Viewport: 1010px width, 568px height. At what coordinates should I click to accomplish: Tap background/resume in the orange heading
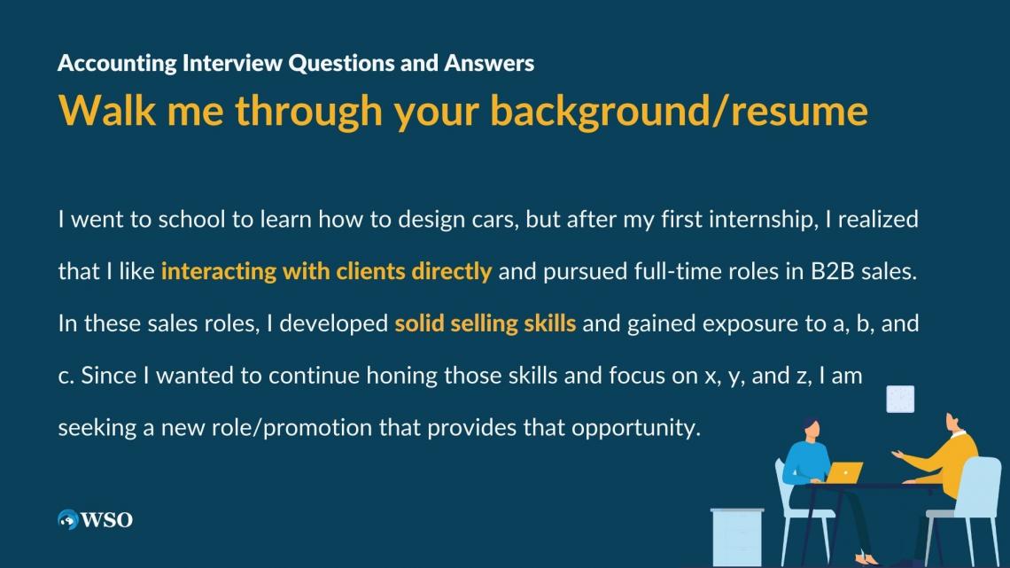679,110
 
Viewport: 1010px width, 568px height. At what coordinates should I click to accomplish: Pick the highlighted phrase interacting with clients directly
326,271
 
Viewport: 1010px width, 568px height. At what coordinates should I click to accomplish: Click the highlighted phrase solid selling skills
485,323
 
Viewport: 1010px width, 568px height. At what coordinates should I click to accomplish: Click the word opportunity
635,428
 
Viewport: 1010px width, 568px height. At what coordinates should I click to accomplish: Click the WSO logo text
106,520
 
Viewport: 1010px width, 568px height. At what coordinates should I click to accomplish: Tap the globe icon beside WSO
68,520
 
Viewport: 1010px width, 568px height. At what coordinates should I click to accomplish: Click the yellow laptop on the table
846,472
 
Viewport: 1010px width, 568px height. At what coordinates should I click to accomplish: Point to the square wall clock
900,400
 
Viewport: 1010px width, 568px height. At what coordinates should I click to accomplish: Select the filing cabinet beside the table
736,537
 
